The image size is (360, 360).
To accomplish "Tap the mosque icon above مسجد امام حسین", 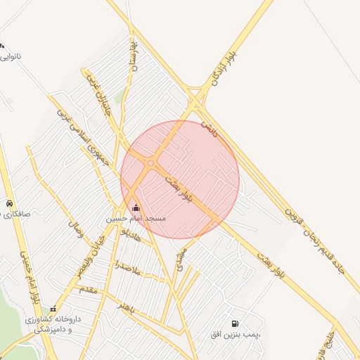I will pyautogui.click(x=136, y=207).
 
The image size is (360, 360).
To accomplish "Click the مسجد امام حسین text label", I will pyautogui.click(x=136, y=219).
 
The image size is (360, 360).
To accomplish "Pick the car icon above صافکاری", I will pyautogui.click(x=8, y=202).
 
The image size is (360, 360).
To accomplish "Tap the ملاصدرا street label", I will pyautogui.click(x=128, y=266).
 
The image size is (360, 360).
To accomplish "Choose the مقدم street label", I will pyautogui.click(x=89, y=288).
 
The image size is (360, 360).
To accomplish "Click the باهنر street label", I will pyautogui.click(x=127, y=307).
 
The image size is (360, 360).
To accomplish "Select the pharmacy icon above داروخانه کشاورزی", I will pyautogui.click(x=53, y=309).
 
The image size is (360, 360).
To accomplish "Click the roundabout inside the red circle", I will pyautogui.click(x=151, y=163).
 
